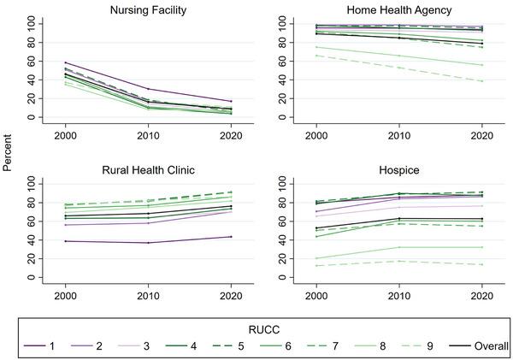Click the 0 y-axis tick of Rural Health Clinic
tap(31, 278)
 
